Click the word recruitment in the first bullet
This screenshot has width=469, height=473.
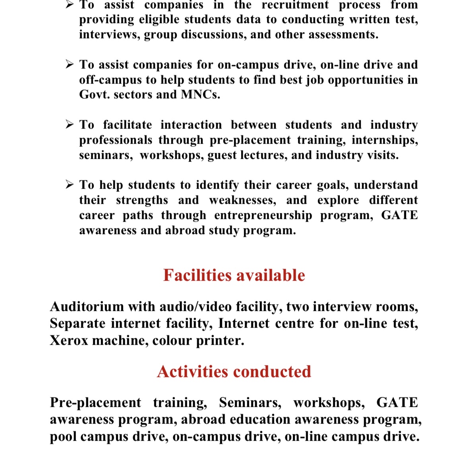295,5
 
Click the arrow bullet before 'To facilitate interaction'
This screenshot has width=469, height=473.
70,125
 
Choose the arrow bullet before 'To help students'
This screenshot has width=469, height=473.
70,185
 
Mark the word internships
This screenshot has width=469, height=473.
385,140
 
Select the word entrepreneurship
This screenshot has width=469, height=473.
263,215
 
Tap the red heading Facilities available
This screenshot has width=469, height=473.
234,275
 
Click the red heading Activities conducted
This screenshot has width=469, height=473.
234,371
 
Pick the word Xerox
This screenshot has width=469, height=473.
69,340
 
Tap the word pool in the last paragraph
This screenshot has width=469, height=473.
64,436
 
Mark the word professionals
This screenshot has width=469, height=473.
116,140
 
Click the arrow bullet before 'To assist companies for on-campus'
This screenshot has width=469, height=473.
70,64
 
